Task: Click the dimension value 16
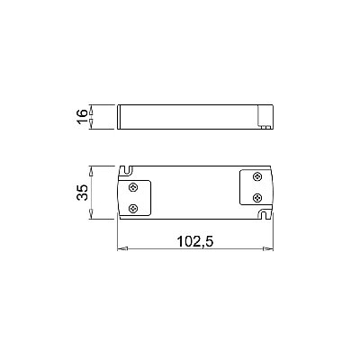(82, 117)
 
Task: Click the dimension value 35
(82, 193)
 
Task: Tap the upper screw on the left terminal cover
(133, 186)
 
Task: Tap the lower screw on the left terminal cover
(133, 208)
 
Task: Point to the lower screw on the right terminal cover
(257, 197)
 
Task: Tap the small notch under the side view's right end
(266, 128)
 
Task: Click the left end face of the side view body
(120, 116)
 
